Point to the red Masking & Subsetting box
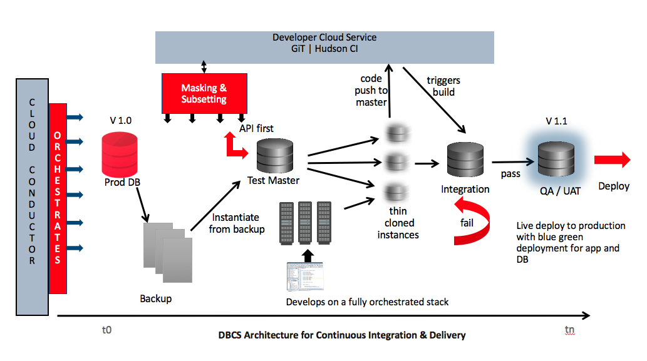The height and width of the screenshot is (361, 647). coord(204,94)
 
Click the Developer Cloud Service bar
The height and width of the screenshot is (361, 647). coord(324,48)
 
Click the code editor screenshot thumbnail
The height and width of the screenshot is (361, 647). coord(306,275)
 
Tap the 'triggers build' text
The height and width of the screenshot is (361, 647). coord(443,86)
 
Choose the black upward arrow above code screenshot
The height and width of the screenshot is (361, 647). coord(306,255)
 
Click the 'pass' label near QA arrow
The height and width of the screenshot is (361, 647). coord(510,173)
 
